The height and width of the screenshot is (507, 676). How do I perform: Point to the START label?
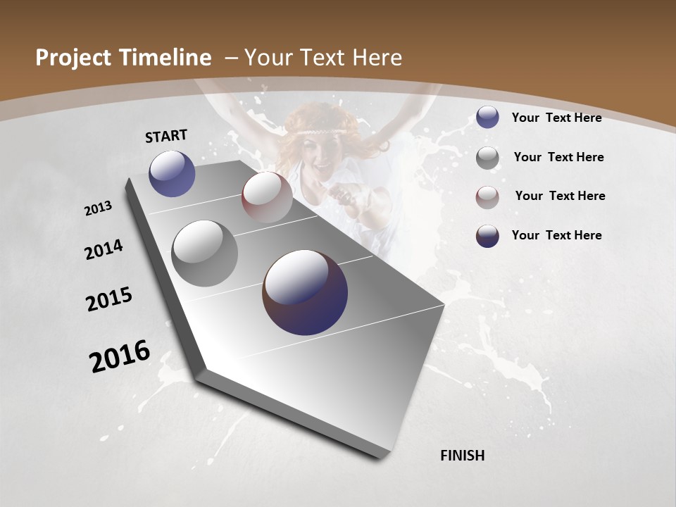pyautogui.click(x=166, y=135)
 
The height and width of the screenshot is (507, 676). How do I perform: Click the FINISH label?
pyautogui.click(x=462, y=456)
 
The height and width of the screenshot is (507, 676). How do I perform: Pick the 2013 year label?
pyautogui.click(x=98, y=208)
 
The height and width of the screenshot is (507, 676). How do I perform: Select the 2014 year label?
pyautogui.click(x=104, y=249)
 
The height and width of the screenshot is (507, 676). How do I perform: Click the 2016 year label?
pyautogui.click(x=120, y=356)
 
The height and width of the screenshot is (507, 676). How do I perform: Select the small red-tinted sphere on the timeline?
pyautogui.click(x=267, y=197)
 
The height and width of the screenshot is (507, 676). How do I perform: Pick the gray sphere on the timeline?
pyautogui.click(x=204, y=254)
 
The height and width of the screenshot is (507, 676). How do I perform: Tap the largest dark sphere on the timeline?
pyautogui.click(x=305, y=293)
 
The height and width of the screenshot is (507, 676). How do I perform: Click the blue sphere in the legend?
pyautogui.click(x=487, y=118)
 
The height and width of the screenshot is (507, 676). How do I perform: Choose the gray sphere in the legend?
pyautogui.click(x=487, y=158)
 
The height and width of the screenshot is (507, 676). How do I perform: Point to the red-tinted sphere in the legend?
pyautogui.click(x=487, y=196)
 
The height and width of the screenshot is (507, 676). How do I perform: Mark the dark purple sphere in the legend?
pyautogui.click(x=487, y=236)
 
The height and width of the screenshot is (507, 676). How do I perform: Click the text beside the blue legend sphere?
pyautogui.click(x=556, y=118)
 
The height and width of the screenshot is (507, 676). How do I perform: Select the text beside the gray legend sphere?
pyautogui.click(x=558, y=157)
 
